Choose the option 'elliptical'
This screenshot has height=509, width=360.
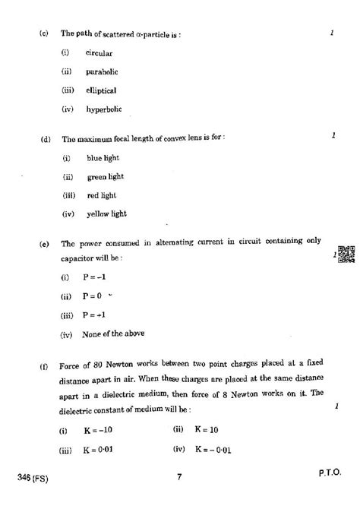pos(102,90)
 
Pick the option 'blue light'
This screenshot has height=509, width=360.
pos(103,158)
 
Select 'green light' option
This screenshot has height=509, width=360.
pos(105,176)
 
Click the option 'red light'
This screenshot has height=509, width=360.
pos(101,194)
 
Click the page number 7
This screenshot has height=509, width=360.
pos(179,476)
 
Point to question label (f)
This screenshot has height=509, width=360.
pos(44,366)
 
